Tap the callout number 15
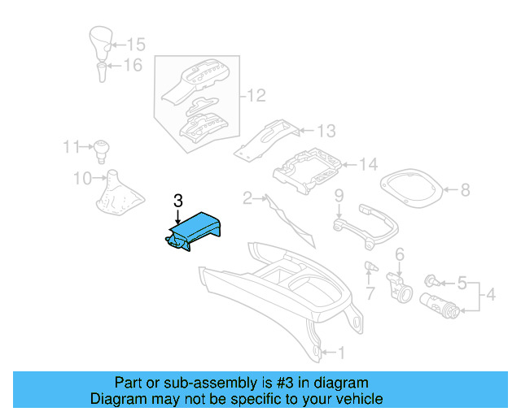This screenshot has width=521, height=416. pyautogui.click(x=135, y=45)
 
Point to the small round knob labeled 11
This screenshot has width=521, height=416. pyautogui.click(x=102, y=149)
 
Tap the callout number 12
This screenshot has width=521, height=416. pyautogui.click(x=256, y=97)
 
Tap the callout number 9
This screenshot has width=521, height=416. pyautogui.click(x=339, y=195)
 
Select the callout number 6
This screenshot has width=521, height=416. pyautogui.click(x=400, y=255)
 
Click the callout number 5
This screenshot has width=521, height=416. pyautogui.click(x=462, y=284)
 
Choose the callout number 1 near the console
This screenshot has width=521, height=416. pyautogui.click(x=341, y=353)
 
